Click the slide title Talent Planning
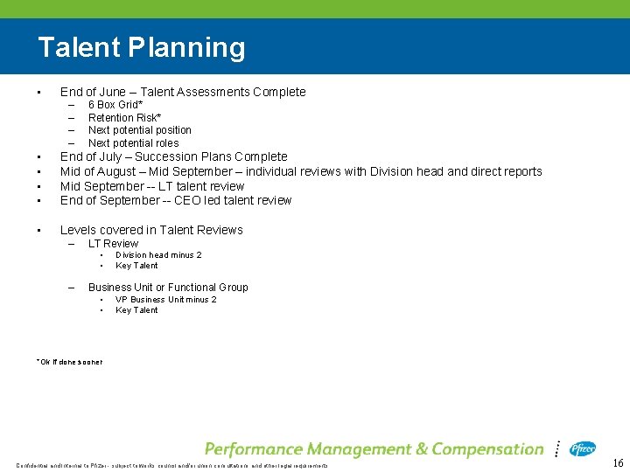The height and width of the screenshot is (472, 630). point(142,47)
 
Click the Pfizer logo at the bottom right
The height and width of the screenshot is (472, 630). point(583,448)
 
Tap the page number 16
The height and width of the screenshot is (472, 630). point(617,462)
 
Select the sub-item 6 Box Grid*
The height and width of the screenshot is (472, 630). point(115,105)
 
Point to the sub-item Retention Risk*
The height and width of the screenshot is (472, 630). point(124,118)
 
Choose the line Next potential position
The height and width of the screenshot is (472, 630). point(139,130)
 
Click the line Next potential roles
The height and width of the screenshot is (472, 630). point(133,143)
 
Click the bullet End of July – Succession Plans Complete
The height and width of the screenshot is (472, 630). point(173,157)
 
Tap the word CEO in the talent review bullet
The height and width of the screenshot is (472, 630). point(184,200)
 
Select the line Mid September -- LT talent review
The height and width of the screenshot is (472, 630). point(152,186)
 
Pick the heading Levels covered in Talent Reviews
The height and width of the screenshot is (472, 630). point(151,230)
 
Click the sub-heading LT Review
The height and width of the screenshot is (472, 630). point(113,244)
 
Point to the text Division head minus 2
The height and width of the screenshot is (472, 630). point(158,255)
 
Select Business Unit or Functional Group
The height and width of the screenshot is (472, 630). point(168,288)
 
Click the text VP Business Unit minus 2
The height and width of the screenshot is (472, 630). point(166,300)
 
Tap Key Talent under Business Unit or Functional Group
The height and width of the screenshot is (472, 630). point(136,310)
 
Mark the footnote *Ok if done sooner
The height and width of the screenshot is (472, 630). point(70,362)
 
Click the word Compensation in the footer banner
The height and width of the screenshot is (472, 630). point(487,449)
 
